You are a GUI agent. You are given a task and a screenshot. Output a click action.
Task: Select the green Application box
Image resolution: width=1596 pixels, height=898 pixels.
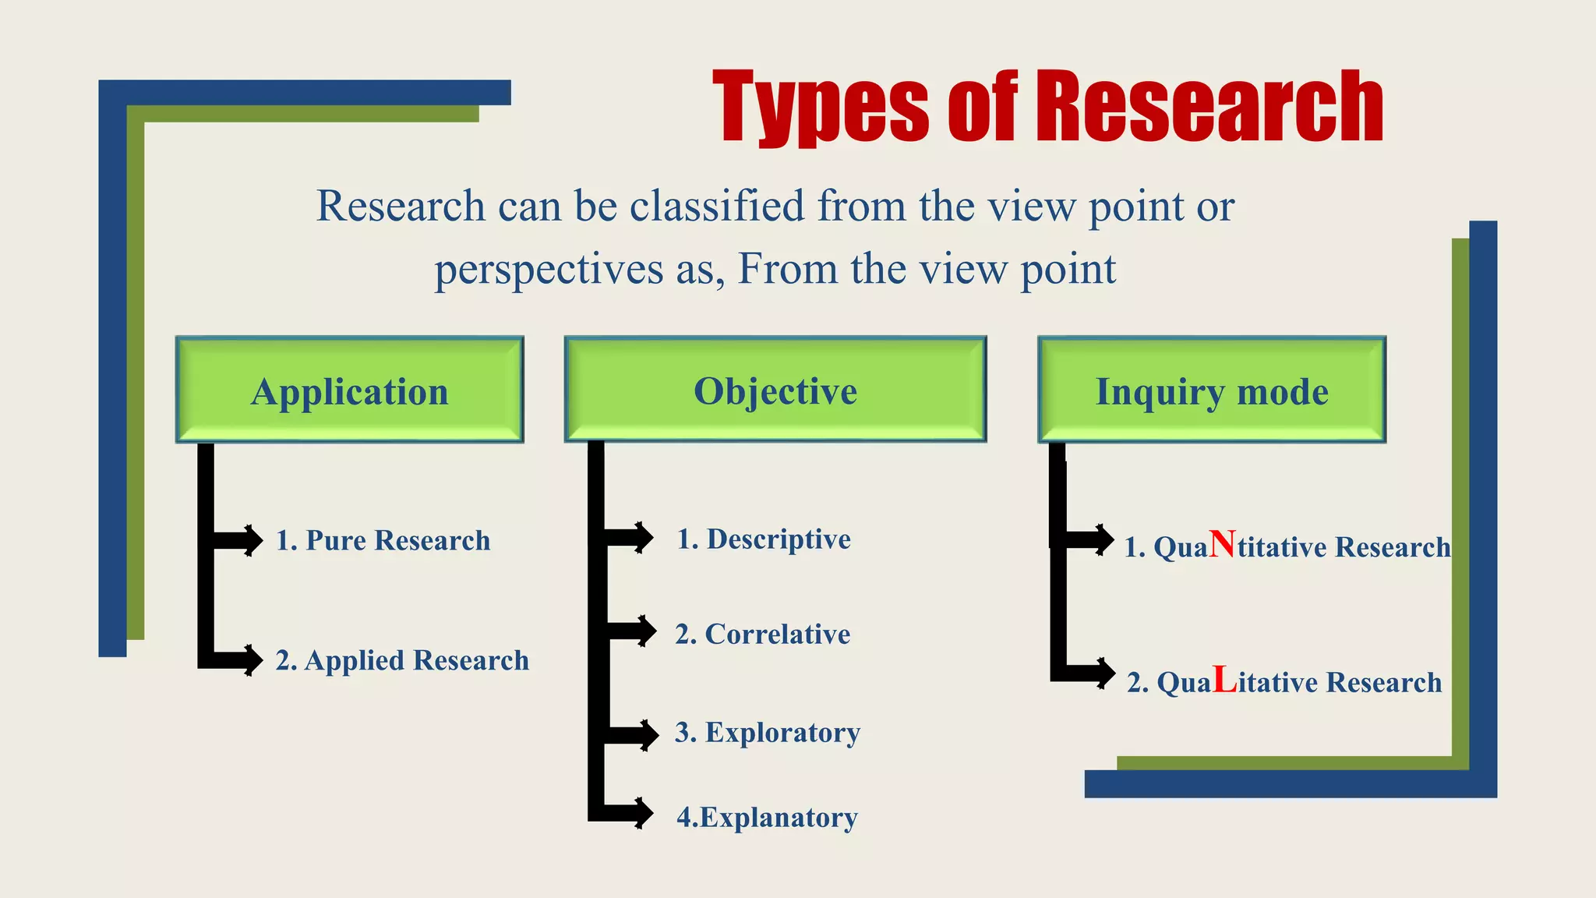point(350,390)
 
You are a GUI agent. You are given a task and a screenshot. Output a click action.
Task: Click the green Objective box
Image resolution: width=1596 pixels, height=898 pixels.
point(775,390)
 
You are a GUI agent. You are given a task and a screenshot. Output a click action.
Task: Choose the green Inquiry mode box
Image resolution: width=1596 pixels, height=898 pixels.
point(1212,390)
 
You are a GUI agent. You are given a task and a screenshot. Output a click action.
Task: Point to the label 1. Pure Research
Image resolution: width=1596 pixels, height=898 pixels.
point(383,540)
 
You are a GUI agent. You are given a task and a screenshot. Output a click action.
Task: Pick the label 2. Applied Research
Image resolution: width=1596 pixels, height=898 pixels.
point(402,660)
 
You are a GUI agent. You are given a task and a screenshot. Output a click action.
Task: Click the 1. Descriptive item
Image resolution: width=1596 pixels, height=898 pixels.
point(764,539)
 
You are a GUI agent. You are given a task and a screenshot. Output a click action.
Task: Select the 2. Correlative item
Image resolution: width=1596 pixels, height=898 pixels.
point(762,634)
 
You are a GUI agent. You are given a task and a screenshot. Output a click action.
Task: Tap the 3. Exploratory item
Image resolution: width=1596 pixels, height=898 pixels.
point(768,732)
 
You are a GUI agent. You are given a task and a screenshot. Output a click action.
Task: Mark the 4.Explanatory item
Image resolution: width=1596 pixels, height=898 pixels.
point(767,817)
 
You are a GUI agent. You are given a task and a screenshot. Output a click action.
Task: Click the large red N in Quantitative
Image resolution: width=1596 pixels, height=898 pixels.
point(1223,544)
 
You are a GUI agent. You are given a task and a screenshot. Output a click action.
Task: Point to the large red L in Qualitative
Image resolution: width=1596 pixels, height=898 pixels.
point(1225,680)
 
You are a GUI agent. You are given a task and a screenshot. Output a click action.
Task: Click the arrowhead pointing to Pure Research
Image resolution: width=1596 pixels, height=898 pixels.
point(252,540)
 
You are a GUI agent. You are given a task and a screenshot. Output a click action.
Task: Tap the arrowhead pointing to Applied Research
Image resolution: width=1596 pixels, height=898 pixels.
point(252,660)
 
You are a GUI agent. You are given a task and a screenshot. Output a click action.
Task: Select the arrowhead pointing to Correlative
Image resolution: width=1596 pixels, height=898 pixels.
point(646,631)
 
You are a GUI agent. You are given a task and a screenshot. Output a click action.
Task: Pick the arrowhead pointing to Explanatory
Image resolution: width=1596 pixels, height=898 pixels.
point(644,813)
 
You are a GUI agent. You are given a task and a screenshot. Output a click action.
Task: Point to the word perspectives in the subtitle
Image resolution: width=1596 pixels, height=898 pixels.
point(549,270)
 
